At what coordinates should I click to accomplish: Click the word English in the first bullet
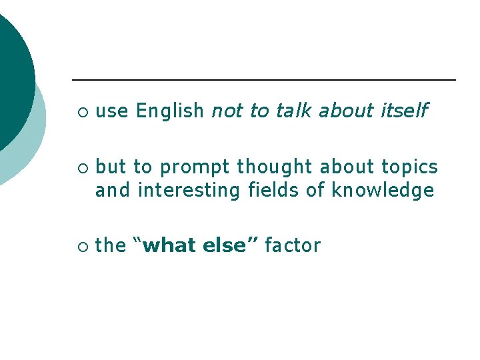tap(169, 111)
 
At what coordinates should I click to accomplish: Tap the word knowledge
tap(383, 191)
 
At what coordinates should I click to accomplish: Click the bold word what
tap(171, 246)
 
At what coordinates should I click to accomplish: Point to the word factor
tap(292, 246)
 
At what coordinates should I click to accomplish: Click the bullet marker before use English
tap(81, 112)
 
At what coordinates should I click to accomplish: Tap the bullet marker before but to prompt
tap(81, 167)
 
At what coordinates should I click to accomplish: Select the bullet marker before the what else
tap(81, 247)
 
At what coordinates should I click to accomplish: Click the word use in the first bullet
tap(112, 111)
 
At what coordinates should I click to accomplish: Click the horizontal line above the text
tap(263, 80)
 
